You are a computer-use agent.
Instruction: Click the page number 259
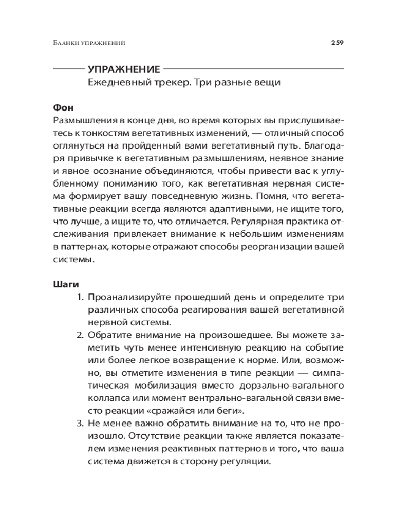tap(337, 43)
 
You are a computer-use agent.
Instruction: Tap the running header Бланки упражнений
tap(89, 43)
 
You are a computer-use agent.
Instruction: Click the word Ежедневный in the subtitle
tap(113, 83)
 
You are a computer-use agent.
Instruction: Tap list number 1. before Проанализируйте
tap(80, 298)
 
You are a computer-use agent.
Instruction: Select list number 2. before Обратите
tap(80, 335)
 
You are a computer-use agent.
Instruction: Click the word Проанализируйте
tap(134, 298)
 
